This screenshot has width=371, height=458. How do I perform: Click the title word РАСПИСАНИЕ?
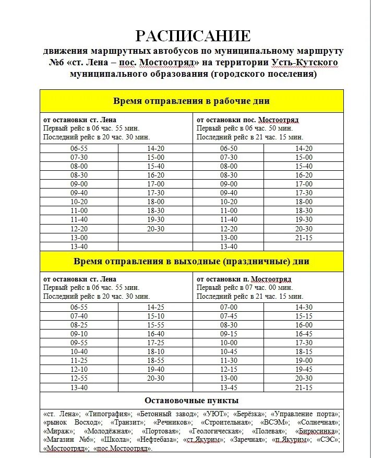pyautogui.click(x=193, y=36)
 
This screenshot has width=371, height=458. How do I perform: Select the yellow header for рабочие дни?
pyautogui.click(x=192, y=101)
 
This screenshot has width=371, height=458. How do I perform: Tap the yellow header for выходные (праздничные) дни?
pyautogui.click(x=192, y=262)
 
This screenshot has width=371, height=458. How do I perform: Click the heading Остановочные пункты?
pyautogui.click(x=192, y=401)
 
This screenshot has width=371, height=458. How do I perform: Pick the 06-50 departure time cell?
pyautogui.click(x=229, y=148)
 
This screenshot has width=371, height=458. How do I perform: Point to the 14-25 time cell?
pyautogui.click(x=155, y=308)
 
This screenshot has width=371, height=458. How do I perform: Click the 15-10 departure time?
pyautogui.click(x=155, y=316)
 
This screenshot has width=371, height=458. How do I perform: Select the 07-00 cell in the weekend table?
pyautogui.click(x=229, y=308)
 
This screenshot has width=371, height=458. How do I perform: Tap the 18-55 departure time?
pyautogui.click(x=155, y=360)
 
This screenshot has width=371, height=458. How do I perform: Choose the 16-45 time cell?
pyautogui.click(x=304, y=334)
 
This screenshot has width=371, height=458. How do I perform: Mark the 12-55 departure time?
pyautogui.click(x=79, y=378)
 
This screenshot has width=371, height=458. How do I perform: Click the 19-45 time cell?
pyautogui.click(x=304, y=369)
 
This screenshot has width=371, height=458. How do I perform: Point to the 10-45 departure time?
pyautogui.click(x=229, y=351)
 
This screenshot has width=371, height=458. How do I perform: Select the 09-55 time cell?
pyautogui.click(x=79, y=343)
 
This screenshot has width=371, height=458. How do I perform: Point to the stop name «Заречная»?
pyautogui.click(x=247, y=440)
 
